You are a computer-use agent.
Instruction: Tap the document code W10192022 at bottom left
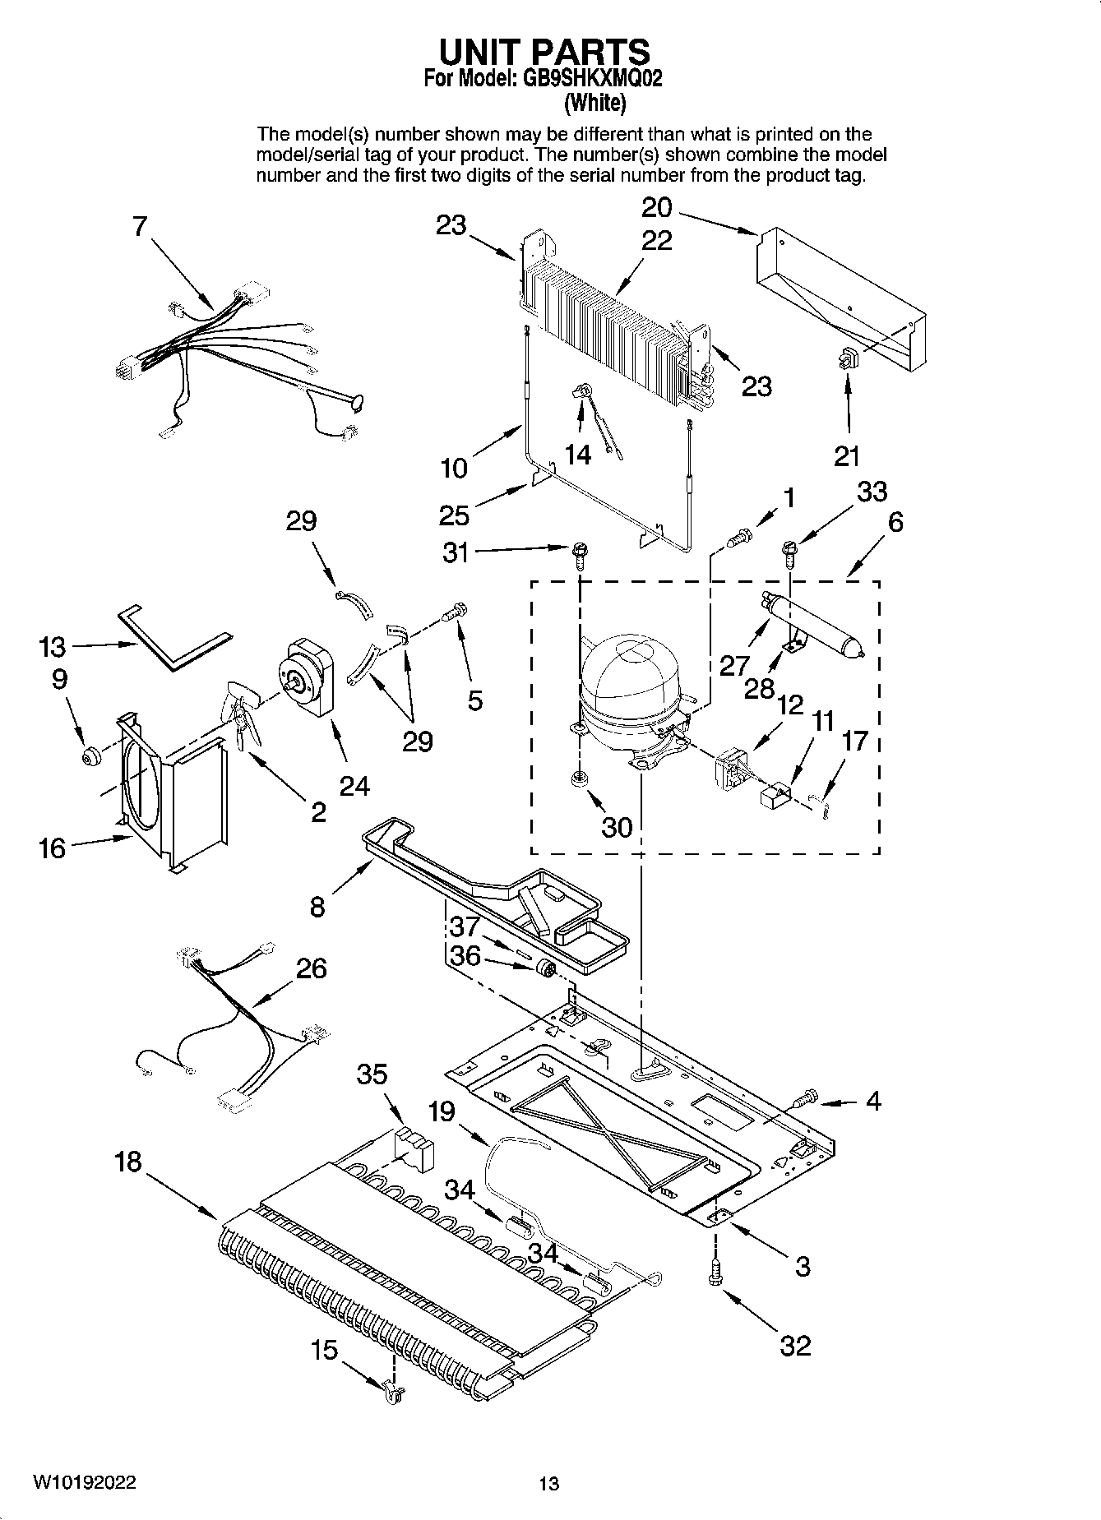coord(85,1482)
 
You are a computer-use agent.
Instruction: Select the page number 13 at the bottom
coord(549,1484)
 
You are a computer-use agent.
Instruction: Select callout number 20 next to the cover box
coord(656,207)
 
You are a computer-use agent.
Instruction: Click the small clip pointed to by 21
coord(848,358)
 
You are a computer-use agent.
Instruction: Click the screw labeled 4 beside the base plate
coord(806,1096)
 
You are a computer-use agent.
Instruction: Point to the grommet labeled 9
coord(90,755)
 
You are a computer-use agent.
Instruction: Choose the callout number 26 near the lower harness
coord(312,968)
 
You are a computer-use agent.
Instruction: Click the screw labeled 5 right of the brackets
coord(455,612)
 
